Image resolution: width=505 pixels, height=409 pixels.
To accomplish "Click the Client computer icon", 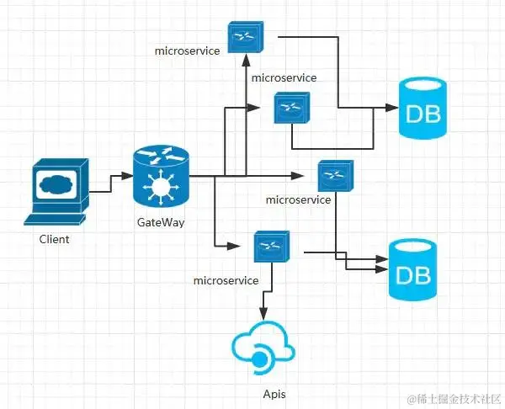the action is [56, 192].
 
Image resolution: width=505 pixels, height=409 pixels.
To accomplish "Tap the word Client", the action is [54, 239].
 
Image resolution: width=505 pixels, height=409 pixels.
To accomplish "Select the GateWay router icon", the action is [161, 177].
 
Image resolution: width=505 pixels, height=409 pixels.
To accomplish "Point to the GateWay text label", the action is [161, 222].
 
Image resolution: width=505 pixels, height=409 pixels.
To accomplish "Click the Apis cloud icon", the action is [263, 348].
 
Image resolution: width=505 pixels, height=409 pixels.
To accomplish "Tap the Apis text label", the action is [274, 394].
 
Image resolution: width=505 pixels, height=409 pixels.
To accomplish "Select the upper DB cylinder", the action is [423, 108].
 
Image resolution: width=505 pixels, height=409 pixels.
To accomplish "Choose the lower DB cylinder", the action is [413, 269].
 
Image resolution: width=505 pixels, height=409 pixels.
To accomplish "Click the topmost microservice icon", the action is [246, 37].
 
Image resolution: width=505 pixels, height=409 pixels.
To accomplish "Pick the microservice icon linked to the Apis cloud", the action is [272, 247].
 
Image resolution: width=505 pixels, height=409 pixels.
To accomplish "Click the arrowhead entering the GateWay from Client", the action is [128, 176].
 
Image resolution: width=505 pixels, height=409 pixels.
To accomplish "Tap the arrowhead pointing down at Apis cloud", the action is [263, 314].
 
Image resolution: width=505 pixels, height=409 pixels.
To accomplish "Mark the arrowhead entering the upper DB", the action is [392, 108].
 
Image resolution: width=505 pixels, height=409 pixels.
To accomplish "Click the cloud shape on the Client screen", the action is [56, 184].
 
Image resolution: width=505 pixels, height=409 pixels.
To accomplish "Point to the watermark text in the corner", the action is [454, 400].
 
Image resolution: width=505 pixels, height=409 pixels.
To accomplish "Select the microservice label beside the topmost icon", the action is [187, 50].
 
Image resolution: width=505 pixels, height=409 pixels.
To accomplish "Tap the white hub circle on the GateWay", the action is [161, 187].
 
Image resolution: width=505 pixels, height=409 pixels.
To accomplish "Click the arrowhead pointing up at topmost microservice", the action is [246, 61].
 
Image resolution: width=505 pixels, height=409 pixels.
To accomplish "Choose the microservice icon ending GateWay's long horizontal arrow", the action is [336, 176].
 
